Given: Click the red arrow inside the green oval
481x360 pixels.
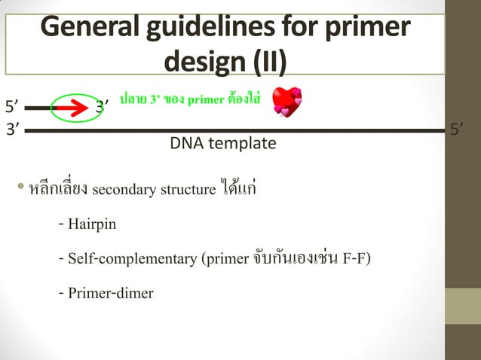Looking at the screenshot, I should [x=69, y=108].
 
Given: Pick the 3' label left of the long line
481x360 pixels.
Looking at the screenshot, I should [x=12, y=130].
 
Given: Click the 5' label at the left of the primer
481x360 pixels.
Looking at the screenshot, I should [x=12, y=105].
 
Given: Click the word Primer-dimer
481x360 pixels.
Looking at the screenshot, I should [x=110, y=293].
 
